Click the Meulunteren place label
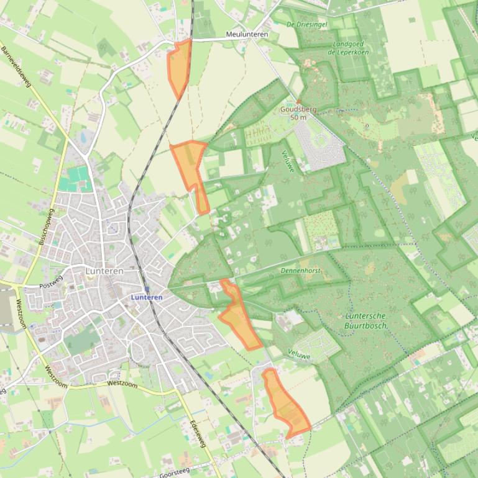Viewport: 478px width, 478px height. pyautogui.click(x=247, y=34)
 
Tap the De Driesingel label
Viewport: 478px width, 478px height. pyautogui.click(x=307, y=24)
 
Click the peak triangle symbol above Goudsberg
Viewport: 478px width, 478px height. pyautogui.click(x=298, y=101)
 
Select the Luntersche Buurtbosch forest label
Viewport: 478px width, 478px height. pyautogui.click(x=366, y=320)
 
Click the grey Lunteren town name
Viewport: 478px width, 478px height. pyautogui.click(x=104, y=271)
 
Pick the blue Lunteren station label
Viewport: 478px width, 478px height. pyautogui.click(x=147, y=297)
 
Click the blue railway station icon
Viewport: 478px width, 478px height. pyautogui.click(x=147, y=289)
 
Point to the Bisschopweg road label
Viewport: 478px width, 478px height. pyautogui.click(x=46, y=227)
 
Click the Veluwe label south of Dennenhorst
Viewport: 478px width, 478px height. pyautogui.click(x=299, y=353)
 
